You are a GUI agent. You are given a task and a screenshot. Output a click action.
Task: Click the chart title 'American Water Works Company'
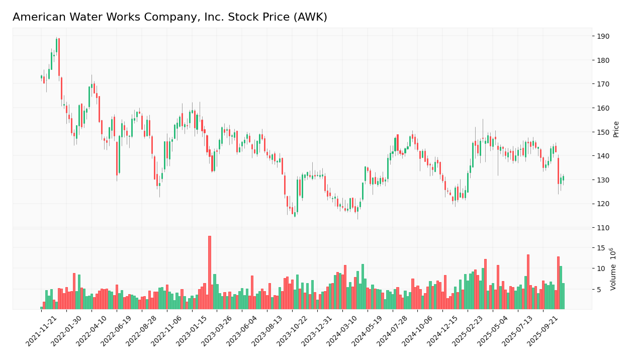tap(170, 18)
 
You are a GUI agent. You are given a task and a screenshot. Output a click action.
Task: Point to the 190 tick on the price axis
tap(602, 36)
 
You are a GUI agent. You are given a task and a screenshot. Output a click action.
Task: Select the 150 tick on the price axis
tap(602, 132)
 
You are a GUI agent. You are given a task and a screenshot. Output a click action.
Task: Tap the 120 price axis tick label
tap(602, 204)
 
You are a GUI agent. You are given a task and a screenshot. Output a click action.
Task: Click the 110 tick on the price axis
tap(602, 228)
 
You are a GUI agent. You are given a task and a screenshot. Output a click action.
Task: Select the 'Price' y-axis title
tap(616, 129)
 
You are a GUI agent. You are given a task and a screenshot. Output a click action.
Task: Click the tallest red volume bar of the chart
tap(210, 272)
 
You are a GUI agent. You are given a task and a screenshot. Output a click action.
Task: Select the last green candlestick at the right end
tap(563, 178)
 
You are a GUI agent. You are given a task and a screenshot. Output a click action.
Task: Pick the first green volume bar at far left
tap(41, 308)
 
